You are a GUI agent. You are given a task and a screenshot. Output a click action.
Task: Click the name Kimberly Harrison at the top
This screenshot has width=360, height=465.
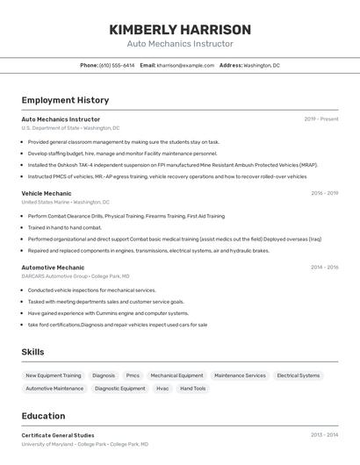tap(180, 30)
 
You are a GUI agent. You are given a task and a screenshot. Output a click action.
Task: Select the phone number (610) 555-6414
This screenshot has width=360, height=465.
tap(117, 65)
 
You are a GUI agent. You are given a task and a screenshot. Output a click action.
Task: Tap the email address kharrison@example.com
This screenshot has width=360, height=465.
tap(185, 65)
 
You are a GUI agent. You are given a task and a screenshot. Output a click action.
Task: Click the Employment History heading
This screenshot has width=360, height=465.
tap(65, 100)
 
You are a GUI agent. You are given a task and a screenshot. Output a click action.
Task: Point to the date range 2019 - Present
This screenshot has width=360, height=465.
tap(321, 118)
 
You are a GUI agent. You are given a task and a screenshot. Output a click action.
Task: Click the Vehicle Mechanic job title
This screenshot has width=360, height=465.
tap(47, 193)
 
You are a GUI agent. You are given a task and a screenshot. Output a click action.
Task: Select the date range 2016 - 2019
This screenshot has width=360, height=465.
tap(324, 193)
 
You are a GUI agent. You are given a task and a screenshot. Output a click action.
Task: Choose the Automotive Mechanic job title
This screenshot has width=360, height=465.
tap(53, 268)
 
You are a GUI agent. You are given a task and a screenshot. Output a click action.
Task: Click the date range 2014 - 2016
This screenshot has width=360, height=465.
tap(324, 268)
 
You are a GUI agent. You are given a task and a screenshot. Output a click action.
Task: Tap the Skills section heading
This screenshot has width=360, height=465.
tap(32, 352)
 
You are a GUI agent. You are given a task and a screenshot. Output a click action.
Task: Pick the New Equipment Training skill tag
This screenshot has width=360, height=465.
tap(54, 376)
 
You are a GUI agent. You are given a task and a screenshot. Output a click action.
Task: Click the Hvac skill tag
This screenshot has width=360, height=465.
tap(162, 388)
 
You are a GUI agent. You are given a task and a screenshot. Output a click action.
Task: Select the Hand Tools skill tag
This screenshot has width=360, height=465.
tap(193, 388)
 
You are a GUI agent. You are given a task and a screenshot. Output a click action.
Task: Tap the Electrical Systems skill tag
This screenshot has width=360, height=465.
tap(299, 376)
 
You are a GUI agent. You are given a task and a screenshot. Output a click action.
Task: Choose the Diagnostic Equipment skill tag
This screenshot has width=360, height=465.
tap(120, 388)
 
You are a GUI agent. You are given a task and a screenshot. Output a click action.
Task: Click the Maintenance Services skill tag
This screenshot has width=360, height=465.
tap(240, 376)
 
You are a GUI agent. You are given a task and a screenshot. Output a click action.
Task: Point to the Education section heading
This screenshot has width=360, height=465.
tap(43, 416)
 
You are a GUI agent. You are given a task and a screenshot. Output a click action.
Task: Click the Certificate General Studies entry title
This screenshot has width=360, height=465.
tap(58, 435)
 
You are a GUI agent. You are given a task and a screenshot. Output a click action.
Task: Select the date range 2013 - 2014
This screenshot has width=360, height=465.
tap(324, 435)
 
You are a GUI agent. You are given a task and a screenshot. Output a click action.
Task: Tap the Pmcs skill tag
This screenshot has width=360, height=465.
tap(133, 376)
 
